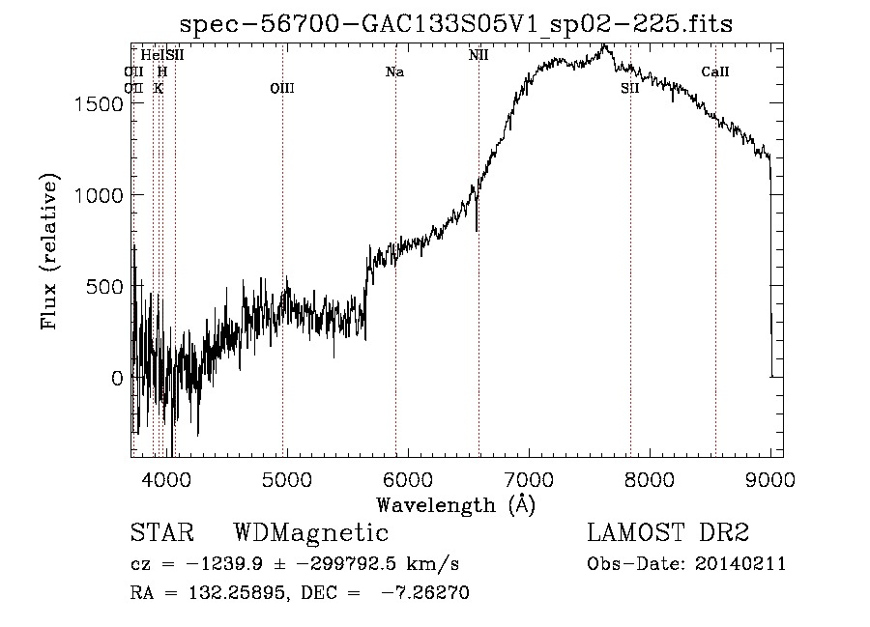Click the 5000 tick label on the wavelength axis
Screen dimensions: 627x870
pos(285,477)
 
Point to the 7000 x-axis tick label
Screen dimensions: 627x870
pos(529,477)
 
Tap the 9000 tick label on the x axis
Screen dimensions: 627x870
pos(770,477)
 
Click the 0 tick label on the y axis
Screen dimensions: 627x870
pos(118,378)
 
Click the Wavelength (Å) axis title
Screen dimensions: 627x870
pos(455,504)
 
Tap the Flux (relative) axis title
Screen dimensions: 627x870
pos(49,250)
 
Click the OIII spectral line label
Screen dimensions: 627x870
pos(282,89)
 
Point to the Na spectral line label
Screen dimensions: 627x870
pos(394,71)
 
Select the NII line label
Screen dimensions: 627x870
pos(478,55)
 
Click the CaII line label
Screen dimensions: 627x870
pos(715,71)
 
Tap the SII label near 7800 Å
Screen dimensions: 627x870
pos(630,89)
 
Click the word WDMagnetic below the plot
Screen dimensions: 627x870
pos(311,533)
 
